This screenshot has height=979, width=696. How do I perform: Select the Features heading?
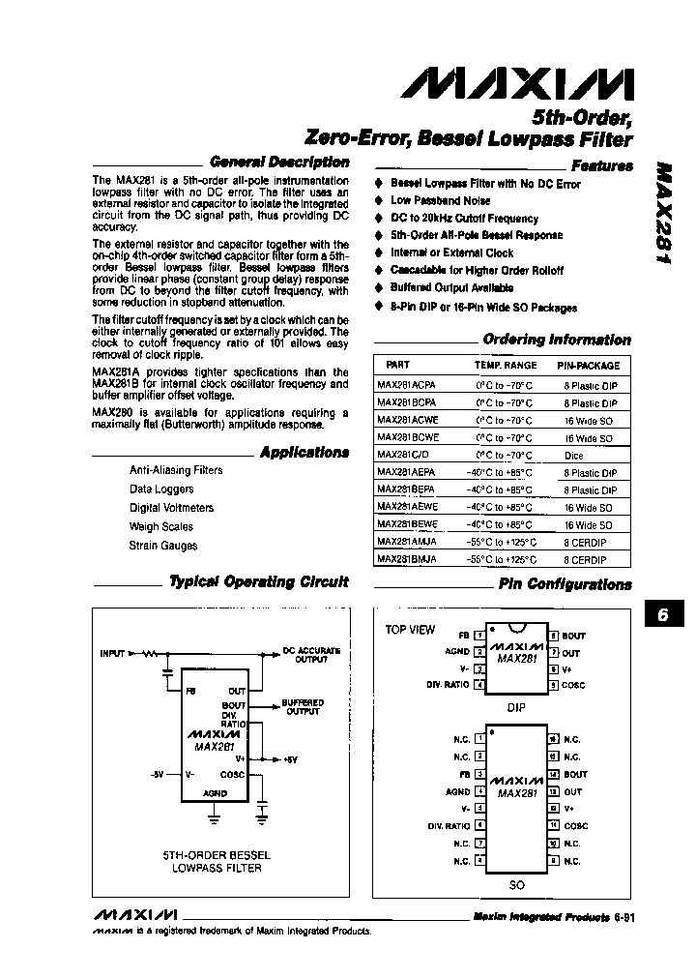point(601,165)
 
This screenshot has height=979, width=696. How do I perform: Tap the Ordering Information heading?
point(556,340)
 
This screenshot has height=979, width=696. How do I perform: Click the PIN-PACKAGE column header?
point(588,366)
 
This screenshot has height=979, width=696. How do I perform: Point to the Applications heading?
point(304,452)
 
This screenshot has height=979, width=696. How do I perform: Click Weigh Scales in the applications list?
point(160,526)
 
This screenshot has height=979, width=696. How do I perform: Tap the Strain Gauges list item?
point(162,546)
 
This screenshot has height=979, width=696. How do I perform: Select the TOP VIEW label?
point(410,630)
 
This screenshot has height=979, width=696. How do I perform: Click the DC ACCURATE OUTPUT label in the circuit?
point(304,654)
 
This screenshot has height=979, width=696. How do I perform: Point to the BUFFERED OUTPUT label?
point(303,707)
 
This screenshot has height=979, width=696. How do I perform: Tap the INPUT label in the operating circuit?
point(112,653)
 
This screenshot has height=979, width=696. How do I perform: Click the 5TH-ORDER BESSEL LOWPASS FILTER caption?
point(217,861)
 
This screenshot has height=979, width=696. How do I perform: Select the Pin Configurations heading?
point(565,584)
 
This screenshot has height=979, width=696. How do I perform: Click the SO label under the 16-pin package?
point(516,885)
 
